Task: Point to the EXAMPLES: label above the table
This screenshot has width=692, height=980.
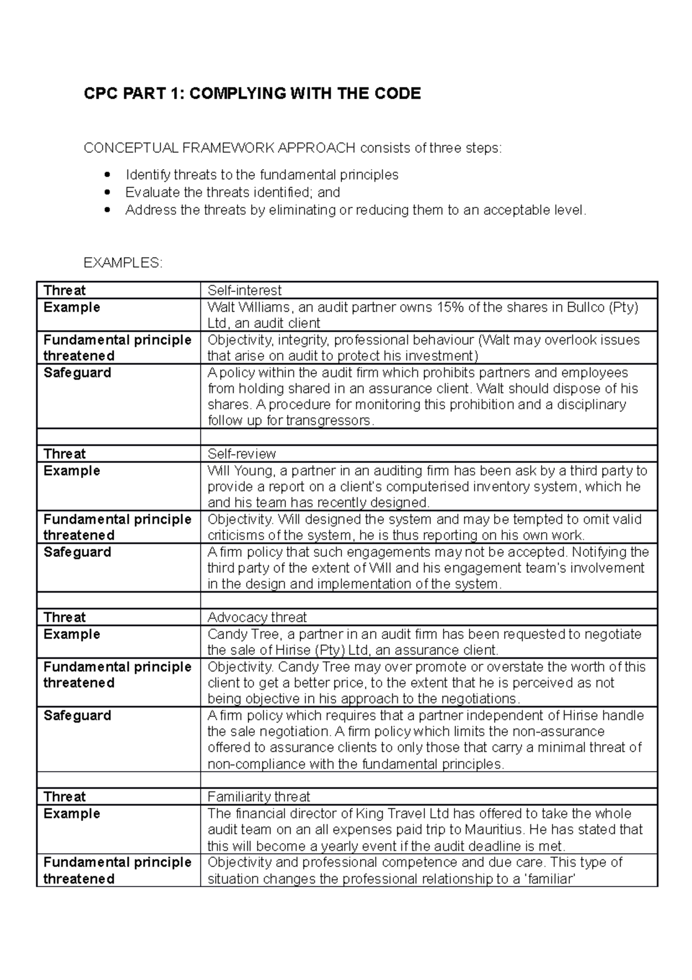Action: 123,263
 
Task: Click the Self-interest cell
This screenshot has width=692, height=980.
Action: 245,290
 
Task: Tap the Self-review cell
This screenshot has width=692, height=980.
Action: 242,454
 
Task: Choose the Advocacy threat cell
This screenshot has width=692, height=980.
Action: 257,617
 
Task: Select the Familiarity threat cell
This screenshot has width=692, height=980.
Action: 258,796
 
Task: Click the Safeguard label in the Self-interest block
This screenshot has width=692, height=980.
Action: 77,372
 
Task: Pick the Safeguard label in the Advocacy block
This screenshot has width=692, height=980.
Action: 77,715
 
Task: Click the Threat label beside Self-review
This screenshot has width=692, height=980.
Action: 65,454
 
